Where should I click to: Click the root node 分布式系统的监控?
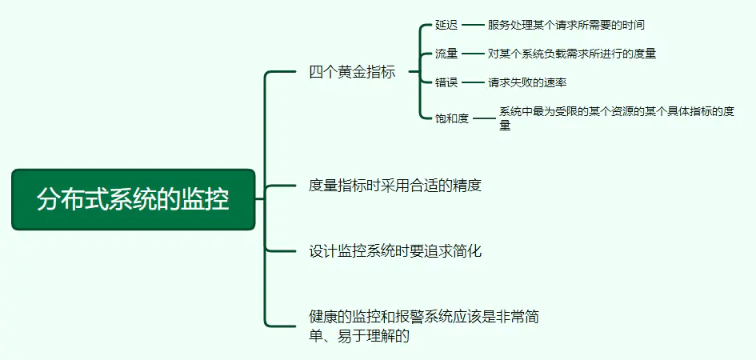click(x=133, y=199)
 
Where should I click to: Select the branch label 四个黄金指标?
click(x=352, y=72)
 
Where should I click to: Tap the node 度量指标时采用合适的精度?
click(x=395, y=186)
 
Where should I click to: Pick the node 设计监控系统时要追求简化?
click(x=395, y=251)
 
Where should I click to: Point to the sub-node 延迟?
click(x=446, y=25)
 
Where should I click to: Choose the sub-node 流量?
click(x=446, y=54)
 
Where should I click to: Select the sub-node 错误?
click(x=446, y=82)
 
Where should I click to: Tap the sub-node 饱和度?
click(x=452, y=118)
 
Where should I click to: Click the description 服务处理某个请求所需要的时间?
click(x=566, y=25)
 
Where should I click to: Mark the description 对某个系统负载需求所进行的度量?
click(x=572, y=54)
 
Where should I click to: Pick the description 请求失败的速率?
click(x=527, y=82)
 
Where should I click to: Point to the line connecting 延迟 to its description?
click(x=473, y=25)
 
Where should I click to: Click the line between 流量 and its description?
click(x=473, y=54)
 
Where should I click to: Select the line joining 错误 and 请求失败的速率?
click(x=473, y=82)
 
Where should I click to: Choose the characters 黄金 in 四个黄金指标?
click(x=352, y=72)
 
